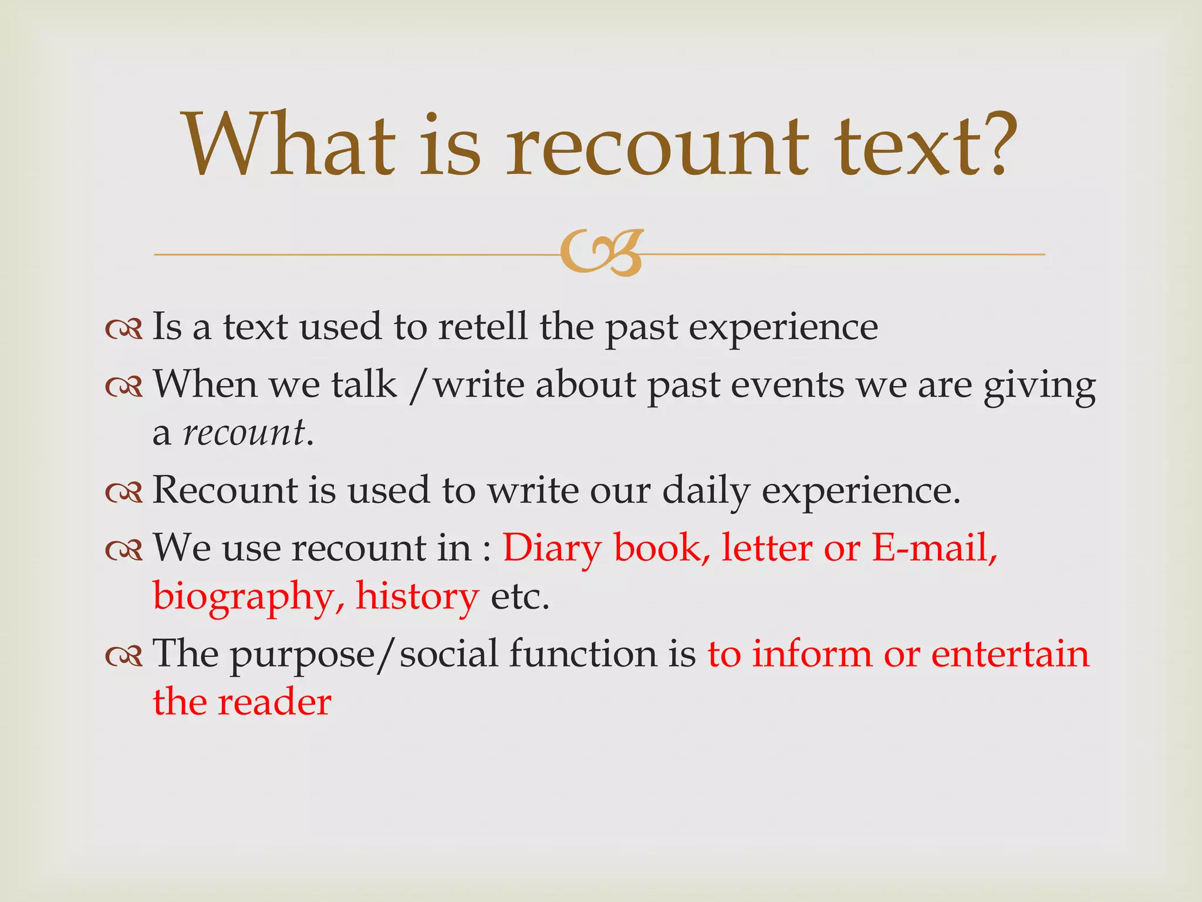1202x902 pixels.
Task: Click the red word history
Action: click(417, 597)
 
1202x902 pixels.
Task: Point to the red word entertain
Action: click(1009, 654)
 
